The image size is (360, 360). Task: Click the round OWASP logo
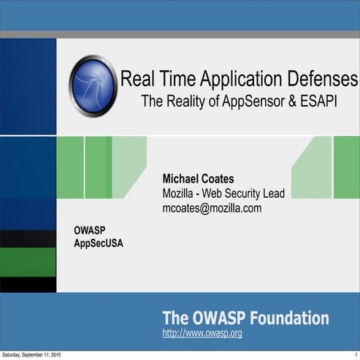[x=93, y=85]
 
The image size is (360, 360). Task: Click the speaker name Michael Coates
[x=198, y=179]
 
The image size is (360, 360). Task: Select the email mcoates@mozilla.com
[x=212, y=208]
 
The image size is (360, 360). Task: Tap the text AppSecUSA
[x=99, y=243]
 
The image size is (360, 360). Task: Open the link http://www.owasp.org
[x=202, y=334]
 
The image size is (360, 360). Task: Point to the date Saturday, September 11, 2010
[x=31, y=355]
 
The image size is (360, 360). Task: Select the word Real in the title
[x=136, y=78]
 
